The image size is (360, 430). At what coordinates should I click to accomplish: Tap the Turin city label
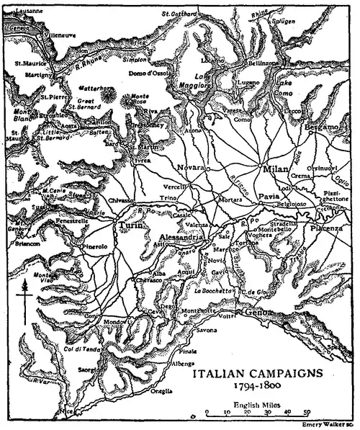[x=127, y=225]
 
